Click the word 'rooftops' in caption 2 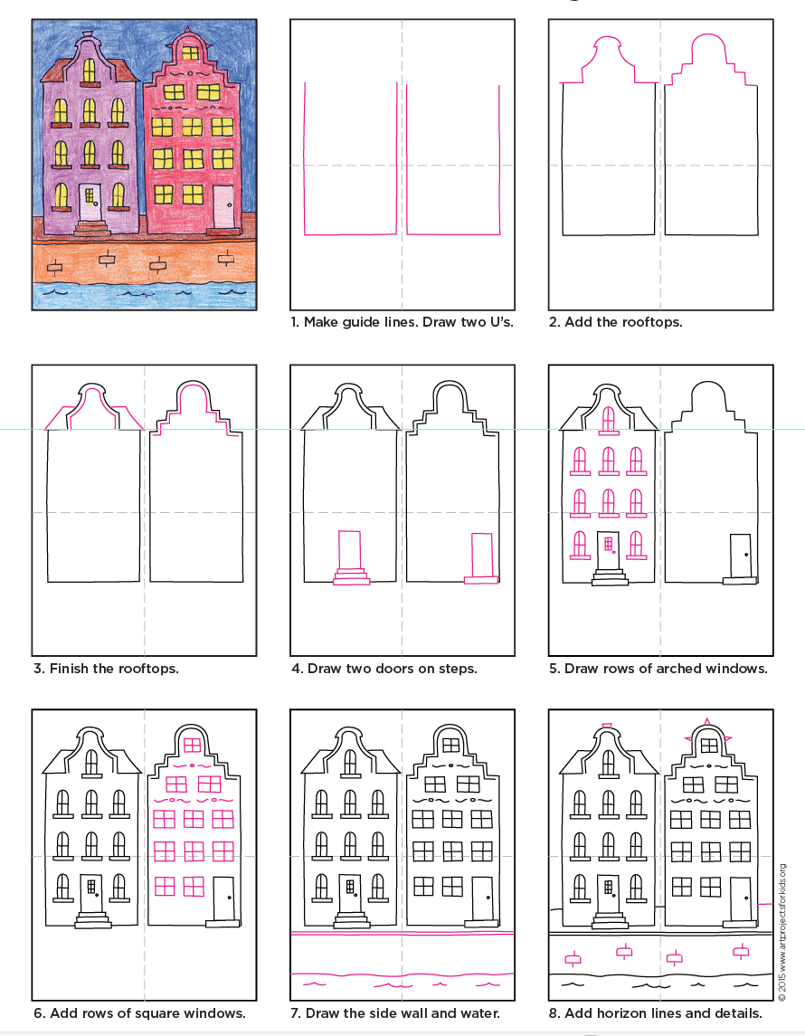click(651, 322)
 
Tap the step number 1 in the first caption click(294, 322)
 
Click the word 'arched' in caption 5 click(671, 669)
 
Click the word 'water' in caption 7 click(474, 1013)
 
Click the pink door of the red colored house click(223, 208)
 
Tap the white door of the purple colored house click(90, 202)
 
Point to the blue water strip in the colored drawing click(145, 295)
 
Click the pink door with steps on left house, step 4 click(349, 550)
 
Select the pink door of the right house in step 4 click(481, 555)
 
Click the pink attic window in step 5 click(608, 418)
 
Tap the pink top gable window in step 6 click(192, 745)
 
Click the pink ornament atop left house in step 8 click(607, 725)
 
